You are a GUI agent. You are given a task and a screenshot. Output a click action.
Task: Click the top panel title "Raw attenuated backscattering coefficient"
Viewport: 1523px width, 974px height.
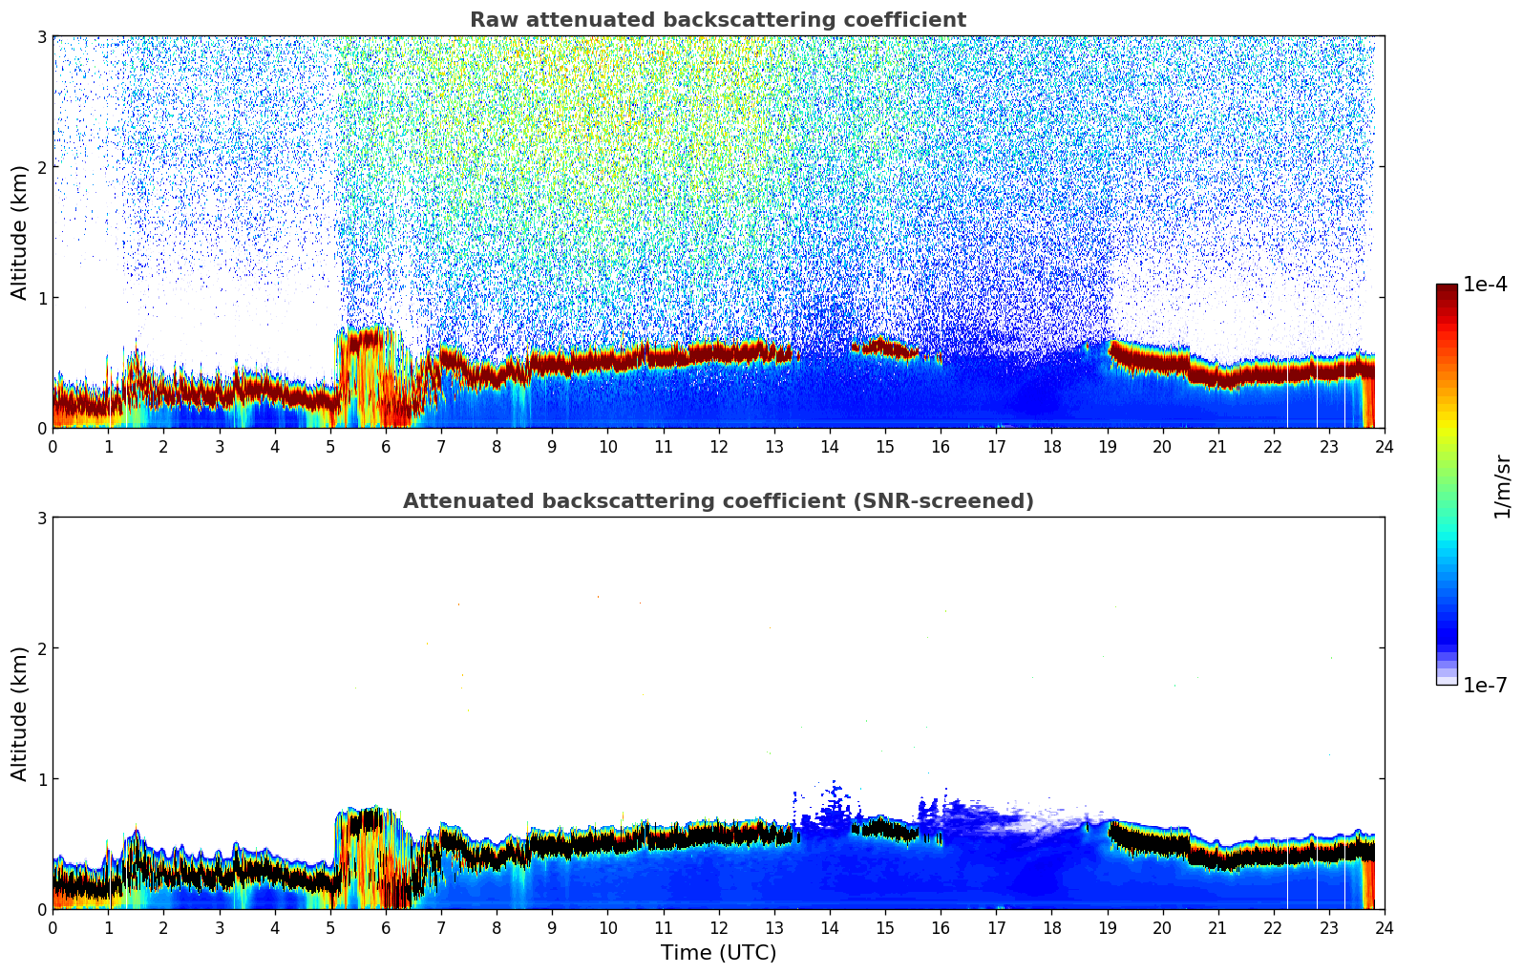(x=717, y=20)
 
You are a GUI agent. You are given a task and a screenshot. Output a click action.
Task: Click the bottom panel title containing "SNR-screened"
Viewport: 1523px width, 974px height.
(x=717, y=501)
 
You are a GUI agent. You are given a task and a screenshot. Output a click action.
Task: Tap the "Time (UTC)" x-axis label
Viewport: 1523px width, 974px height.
(x=718, y=952)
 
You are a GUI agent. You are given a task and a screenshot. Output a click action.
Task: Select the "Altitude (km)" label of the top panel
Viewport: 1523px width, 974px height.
(x=20, y=232)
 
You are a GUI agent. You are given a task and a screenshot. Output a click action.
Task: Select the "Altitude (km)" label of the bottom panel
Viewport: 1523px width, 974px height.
(x=20, y=713)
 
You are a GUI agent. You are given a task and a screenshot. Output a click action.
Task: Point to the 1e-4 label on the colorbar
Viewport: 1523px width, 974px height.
(x=1485, y=285)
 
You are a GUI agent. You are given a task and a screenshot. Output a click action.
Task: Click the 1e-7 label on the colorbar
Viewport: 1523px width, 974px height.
(x=1485, y=685)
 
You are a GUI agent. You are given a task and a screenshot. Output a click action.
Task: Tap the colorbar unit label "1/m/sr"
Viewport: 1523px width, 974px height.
(x=1502, y=486)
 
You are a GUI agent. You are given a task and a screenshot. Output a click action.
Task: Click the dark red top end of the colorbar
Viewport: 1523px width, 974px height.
(x=1447, y=289)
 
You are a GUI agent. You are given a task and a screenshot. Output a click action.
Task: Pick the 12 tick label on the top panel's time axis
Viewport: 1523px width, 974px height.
(x=718, y=446)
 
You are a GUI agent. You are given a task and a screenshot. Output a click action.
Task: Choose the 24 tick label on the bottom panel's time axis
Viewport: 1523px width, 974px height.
(x=1384, y=927)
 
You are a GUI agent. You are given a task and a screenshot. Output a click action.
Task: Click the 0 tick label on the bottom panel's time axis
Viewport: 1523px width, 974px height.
(x=53, y=927)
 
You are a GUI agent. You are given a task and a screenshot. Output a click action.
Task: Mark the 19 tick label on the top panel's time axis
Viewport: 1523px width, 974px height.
(x=1107, y=446)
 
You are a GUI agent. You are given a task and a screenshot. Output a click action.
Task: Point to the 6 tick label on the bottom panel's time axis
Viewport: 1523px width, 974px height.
(x=386, y=927)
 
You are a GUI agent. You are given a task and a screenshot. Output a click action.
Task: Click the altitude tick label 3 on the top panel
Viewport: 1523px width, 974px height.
(x=41, y=36)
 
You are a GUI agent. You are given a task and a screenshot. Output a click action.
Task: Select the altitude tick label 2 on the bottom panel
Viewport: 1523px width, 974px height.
(x=41, y=648)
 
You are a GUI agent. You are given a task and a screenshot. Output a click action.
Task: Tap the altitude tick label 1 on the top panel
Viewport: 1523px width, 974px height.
(x=41, y=298)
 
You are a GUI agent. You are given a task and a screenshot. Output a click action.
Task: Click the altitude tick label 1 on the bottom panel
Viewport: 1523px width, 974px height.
(x=41, y=779)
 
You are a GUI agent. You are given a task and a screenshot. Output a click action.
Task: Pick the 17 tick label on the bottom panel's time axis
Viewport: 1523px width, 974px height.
(x=996, y=927)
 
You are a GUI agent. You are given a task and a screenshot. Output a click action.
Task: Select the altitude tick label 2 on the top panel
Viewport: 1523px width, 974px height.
(x=41, y=167)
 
